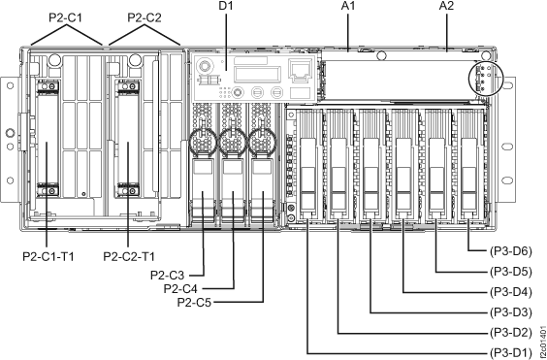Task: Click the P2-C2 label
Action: tap(145, 16)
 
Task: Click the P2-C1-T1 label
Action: tap(47, 257)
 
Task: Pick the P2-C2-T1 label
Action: tap(129, 257)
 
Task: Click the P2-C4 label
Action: tap(184, 288)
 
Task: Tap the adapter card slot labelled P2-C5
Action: tap(262, 184)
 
